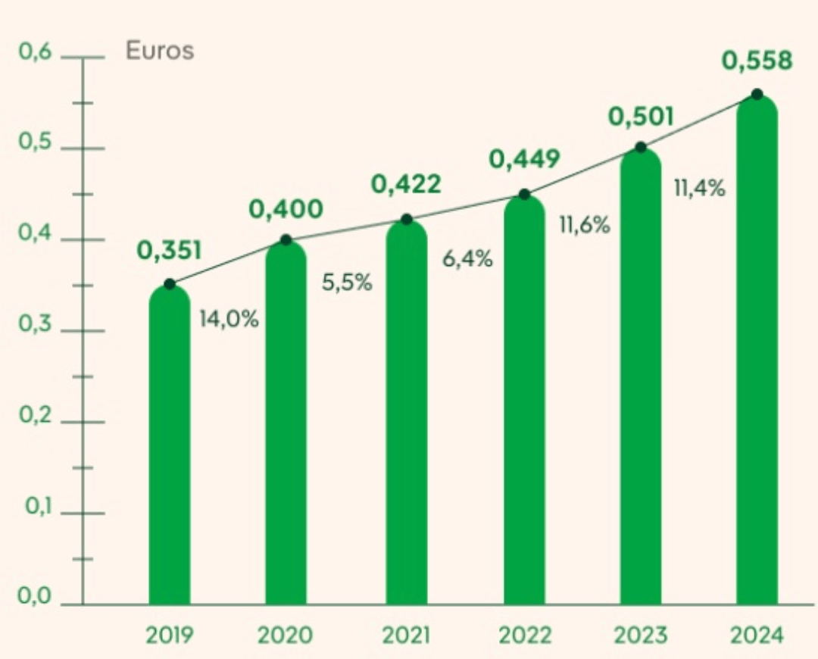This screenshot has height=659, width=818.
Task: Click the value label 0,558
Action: coord(757,61)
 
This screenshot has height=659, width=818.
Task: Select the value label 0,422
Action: coord(405,184)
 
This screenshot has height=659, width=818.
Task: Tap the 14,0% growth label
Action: coord(229,319)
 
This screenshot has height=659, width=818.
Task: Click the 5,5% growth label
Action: coord(348,284)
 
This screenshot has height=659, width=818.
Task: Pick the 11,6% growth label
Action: coord(584,225)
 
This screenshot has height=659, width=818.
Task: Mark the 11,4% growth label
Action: coord(699,188)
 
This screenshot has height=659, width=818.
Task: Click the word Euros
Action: coord(160,52)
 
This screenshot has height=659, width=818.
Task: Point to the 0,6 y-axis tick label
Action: coord(34,54)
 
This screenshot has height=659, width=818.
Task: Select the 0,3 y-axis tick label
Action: coord(34,326)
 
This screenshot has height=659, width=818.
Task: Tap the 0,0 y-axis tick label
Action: coord(34,598)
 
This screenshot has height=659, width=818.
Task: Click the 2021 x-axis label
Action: coord(406,636)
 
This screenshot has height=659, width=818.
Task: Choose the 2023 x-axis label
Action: coord(640,636)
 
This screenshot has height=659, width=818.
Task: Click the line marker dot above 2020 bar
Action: coord(286,240)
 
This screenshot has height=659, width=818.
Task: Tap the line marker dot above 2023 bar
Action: coord(641,147)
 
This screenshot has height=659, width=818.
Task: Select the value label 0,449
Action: coord(524,159)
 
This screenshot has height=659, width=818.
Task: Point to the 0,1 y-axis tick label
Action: coord(34,508)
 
